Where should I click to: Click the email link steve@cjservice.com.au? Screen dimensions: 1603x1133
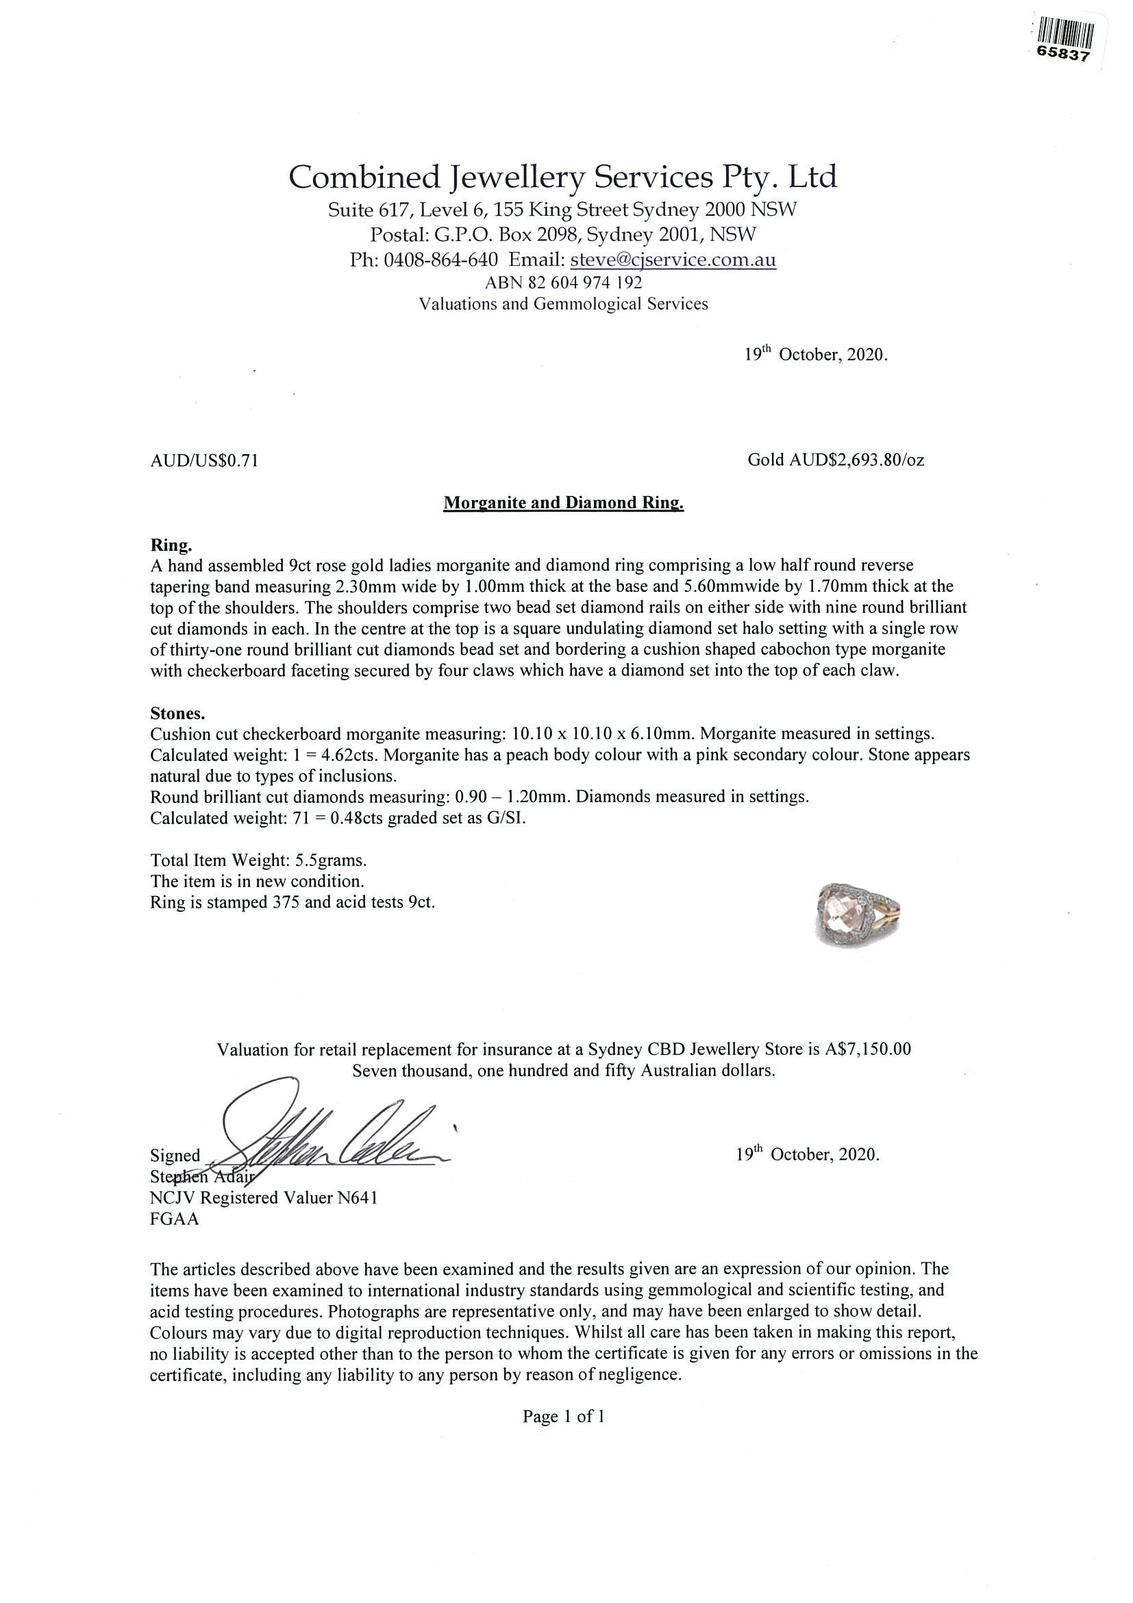pyautogui.click(x=673, y=260)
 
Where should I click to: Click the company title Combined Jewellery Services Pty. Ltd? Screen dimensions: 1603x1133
pyautogui.click(x=562, y=177)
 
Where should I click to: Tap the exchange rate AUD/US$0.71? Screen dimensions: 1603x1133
pyautogui.click(x=205, y=461)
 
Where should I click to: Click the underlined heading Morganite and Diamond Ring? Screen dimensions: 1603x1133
pyautogui.click(x=563, y=503)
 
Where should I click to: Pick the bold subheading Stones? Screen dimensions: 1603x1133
pyautogui.click(x=177, y=714)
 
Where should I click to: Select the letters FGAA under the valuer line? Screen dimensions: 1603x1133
pyautogui.click(x=175, y=1219)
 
